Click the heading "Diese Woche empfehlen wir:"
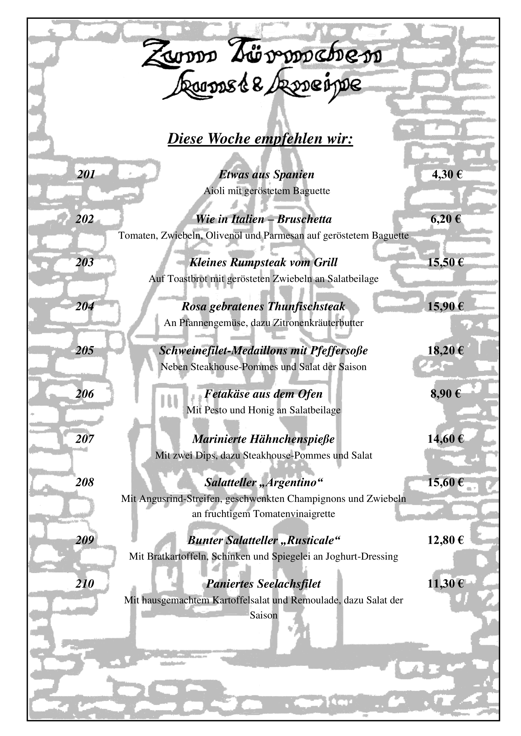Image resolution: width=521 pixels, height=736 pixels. click(260, 139)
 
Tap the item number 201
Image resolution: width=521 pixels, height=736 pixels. click(86, 175)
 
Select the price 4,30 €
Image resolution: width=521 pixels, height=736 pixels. click(447, 175)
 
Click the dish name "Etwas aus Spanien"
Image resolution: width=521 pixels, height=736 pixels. click(266, 175)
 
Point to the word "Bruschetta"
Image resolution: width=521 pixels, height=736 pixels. click(304, 219)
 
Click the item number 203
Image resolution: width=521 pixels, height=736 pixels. click(85, 262)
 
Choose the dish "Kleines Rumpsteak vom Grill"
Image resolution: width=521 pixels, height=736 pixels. click(263, 262)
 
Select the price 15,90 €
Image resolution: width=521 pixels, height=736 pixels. click(446, 307)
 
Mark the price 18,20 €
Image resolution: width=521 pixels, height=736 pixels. click(446, 351)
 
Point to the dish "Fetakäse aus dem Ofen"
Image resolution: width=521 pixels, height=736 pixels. click(263, 394)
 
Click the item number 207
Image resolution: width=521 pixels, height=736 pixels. click(85, 439)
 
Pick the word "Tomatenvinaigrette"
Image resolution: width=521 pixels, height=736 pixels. click(294, 514)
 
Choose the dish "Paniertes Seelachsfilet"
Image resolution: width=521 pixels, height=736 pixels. click(263, 584)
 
